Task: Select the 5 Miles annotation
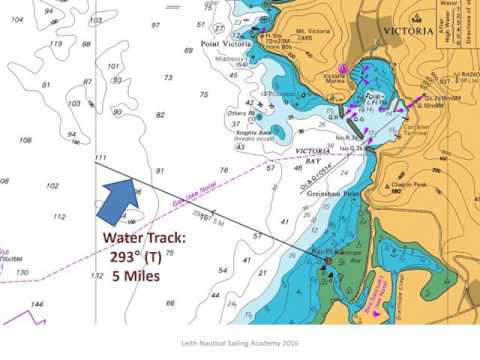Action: point(135,276)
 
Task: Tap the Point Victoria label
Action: point(225,43)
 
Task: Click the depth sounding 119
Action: point(56,43)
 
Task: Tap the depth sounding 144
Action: point(37,303)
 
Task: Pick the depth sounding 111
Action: point(99,157)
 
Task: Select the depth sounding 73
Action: point(168,77)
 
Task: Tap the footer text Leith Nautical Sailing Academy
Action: point(240,341)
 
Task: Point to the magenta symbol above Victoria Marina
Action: point(343,68)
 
